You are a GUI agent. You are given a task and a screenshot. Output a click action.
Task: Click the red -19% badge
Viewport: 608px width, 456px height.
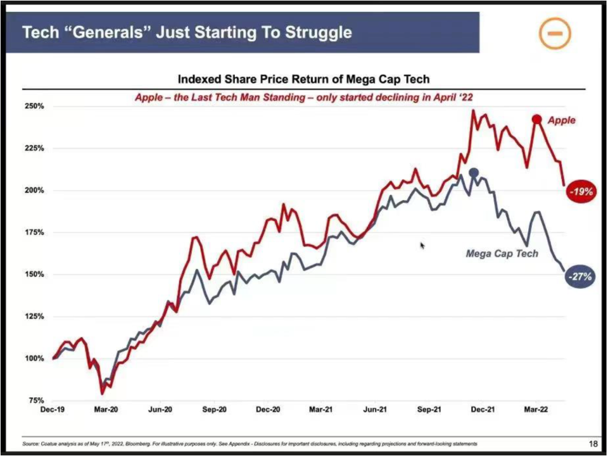pos(580,191)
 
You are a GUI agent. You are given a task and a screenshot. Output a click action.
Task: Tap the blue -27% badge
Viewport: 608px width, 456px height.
pos(579,277)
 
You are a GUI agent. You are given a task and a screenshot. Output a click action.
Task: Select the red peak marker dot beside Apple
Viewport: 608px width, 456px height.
pos(536,119)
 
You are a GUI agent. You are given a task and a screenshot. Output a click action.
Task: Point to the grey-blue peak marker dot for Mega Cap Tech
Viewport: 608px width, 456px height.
pos(474,173)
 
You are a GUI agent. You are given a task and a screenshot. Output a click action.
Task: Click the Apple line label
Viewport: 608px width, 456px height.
pos(562,120)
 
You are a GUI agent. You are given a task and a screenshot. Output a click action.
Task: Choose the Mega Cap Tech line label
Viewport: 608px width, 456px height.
pos(502,253)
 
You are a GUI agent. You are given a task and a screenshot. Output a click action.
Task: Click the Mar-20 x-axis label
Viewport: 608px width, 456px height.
pos(106,410)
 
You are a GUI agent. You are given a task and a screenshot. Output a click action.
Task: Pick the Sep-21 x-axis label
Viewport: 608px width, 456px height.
pos(429,410)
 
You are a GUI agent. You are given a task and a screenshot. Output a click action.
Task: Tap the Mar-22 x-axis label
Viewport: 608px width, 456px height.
pos(536,410)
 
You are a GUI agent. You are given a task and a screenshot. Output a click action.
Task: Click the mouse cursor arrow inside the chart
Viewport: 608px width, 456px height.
pos(422,245)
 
